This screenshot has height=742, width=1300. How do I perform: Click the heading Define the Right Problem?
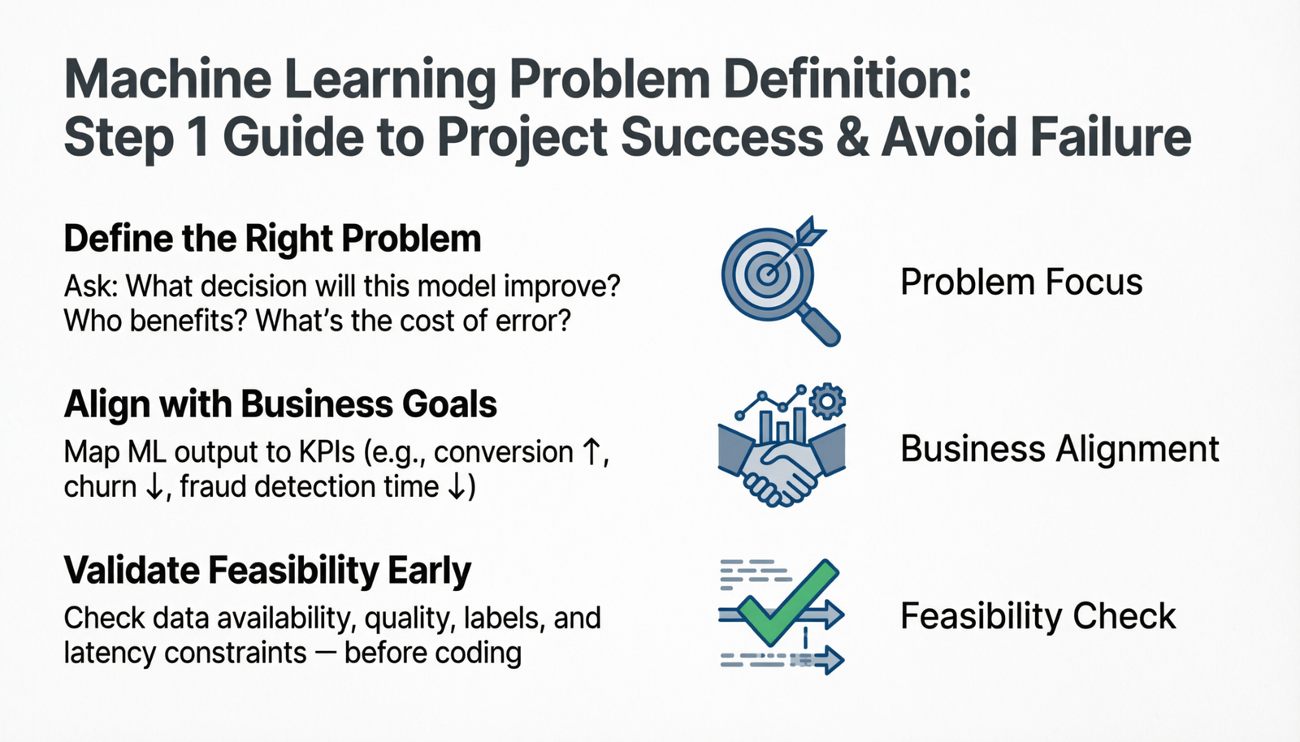pyautogui.click(x=272, y=239)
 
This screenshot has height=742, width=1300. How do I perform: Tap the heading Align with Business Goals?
pyautogui.click(x=280, y=404)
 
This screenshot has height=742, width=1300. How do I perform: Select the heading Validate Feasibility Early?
pyautogui.click(x=267, y=571)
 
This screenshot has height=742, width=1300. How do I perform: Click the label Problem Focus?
pyautogui.click(x=1020, y=283)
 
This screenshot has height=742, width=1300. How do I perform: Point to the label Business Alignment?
pyautogui.click(x=1059, y=449)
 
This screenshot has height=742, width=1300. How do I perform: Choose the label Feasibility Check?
pyautogui.click(x=1038, y=616)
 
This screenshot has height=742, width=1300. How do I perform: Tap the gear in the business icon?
pyautogui.click(x=827, y=401)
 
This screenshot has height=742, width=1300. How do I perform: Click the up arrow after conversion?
pyautogui.click(x=592, y=451)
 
